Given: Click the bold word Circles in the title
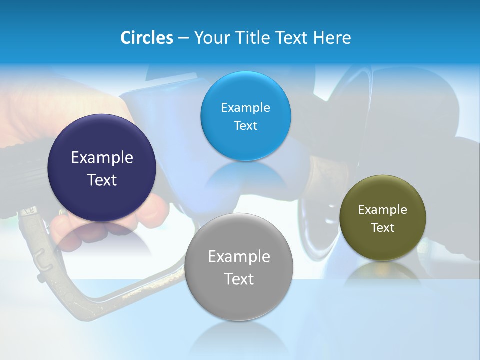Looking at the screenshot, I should tap(147, 38).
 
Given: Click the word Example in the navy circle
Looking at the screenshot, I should tap(102, 158).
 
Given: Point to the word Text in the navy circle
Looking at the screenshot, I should tap(102, 180).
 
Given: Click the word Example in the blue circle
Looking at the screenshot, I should tap(245, 108).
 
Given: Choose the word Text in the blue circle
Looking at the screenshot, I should tap(245, 125).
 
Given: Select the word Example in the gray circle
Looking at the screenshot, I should tap(238, 257).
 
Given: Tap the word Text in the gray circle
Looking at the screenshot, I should tap(238, 279).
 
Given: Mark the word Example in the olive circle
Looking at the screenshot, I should tap(382, 210).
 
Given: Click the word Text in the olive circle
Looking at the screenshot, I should tap(382, 228).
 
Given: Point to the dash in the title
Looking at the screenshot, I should tap(183, 38).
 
